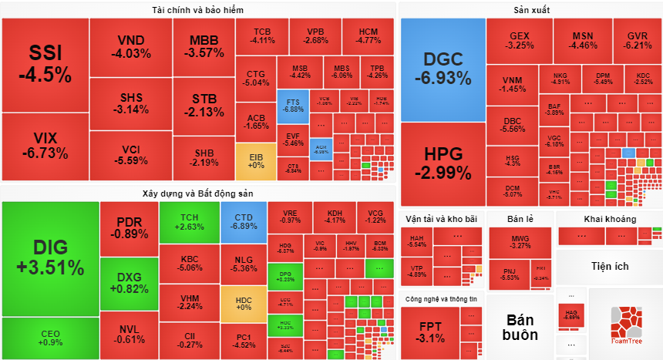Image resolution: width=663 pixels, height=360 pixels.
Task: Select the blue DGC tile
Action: (x=443, y=68)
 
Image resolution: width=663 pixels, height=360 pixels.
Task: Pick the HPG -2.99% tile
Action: (x=443, y=162)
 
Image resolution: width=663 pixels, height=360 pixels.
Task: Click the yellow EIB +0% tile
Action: (x=255, y=160)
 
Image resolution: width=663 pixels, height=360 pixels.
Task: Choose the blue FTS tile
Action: (x=293, y=106)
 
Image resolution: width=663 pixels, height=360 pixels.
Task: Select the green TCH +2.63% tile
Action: (x=189, y=221)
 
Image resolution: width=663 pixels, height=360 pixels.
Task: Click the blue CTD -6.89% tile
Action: (x=243, y=221)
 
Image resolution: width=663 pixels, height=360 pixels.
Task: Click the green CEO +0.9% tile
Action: (x=50, y=338)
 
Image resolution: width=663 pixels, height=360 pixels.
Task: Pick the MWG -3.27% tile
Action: (x=520, y=242)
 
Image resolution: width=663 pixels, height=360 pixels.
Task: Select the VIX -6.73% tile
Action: (x=45, y=145)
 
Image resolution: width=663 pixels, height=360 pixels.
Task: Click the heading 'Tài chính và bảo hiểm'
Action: (x=198, y=9)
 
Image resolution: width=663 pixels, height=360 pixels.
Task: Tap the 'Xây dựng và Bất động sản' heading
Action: (x=198, y=193)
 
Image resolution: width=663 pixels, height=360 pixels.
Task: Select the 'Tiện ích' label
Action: (x=610, y=267)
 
